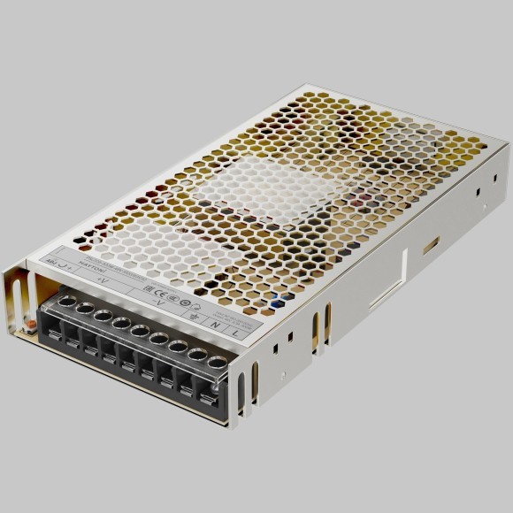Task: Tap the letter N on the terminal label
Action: pyautogui.click(x=215, y=325)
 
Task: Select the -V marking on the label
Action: pyautogui.click(x=159, y=302)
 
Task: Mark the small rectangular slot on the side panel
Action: pyautogui.click(x=431, y=244)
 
